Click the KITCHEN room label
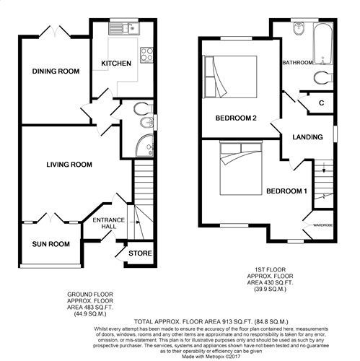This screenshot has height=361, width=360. [x=116, y=64]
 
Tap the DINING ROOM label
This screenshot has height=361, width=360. [x=56, y=71]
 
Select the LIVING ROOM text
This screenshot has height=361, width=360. [x=69, y=165]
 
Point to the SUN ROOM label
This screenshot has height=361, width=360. [x=51, y=244]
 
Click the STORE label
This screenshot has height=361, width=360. [x=140, y=253]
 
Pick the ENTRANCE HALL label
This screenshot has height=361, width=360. [x=109, y=223]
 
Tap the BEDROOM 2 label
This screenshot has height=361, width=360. [x=236, y=118]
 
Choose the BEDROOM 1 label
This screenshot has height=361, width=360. [x=286, y=191]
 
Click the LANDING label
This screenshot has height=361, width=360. [x=307, y=137]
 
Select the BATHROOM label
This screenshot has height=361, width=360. [x=298, y=63]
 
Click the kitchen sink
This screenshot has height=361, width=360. [x=123, y=29]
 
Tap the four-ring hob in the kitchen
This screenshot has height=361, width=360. [x=146, y=55]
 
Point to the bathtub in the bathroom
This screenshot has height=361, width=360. [x=323, y=43]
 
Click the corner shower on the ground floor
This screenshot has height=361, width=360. [x=145, y=145]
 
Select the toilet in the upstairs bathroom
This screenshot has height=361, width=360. [x=324, y=77]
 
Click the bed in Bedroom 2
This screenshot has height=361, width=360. [x=230, y=77]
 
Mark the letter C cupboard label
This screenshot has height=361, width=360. [x=322, y=103]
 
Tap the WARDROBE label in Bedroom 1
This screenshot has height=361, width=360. [x=323, y=225]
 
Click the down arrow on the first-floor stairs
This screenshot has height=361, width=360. [x=324, y=168]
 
